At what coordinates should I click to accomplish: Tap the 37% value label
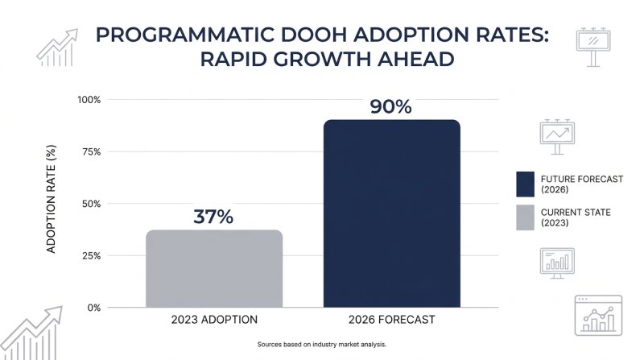coord(213,217)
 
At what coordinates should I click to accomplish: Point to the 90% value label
coord(391,106)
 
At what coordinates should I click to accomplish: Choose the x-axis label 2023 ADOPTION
coord(213,321)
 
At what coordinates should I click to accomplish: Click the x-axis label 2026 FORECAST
coord(392,321)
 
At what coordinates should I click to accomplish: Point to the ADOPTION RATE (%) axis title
coord(51,204)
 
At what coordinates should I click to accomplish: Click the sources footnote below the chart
coord(322,345)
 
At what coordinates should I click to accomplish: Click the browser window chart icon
coord(598,314)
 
